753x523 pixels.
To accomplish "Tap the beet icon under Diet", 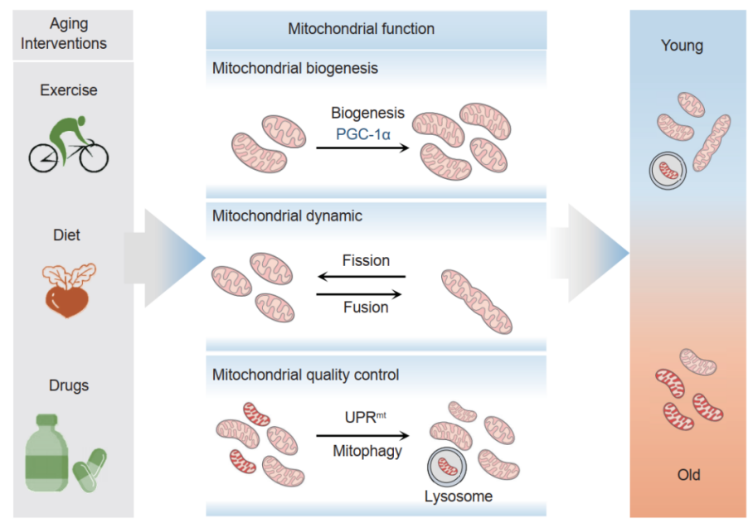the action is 68,291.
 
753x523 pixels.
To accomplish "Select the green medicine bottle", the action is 46,453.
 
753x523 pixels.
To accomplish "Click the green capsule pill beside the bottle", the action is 90,470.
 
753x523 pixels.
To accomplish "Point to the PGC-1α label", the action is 363,134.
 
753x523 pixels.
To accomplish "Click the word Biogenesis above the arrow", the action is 368,113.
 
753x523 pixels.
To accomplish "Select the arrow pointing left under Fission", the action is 362,276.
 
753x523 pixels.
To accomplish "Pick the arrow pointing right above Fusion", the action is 359,293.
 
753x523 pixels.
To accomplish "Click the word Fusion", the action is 366,307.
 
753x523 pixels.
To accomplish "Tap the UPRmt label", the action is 366,417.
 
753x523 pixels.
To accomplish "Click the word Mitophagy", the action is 367,451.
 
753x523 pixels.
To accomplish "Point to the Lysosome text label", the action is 459,496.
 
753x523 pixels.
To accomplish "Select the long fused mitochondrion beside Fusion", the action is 476,302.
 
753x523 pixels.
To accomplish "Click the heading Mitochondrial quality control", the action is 305,375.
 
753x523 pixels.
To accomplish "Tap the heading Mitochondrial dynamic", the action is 287,216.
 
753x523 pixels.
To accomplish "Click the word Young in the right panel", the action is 682,46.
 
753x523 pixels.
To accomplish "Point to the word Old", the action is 688,475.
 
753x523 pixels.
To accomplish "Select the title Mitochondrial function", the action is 361,29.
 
